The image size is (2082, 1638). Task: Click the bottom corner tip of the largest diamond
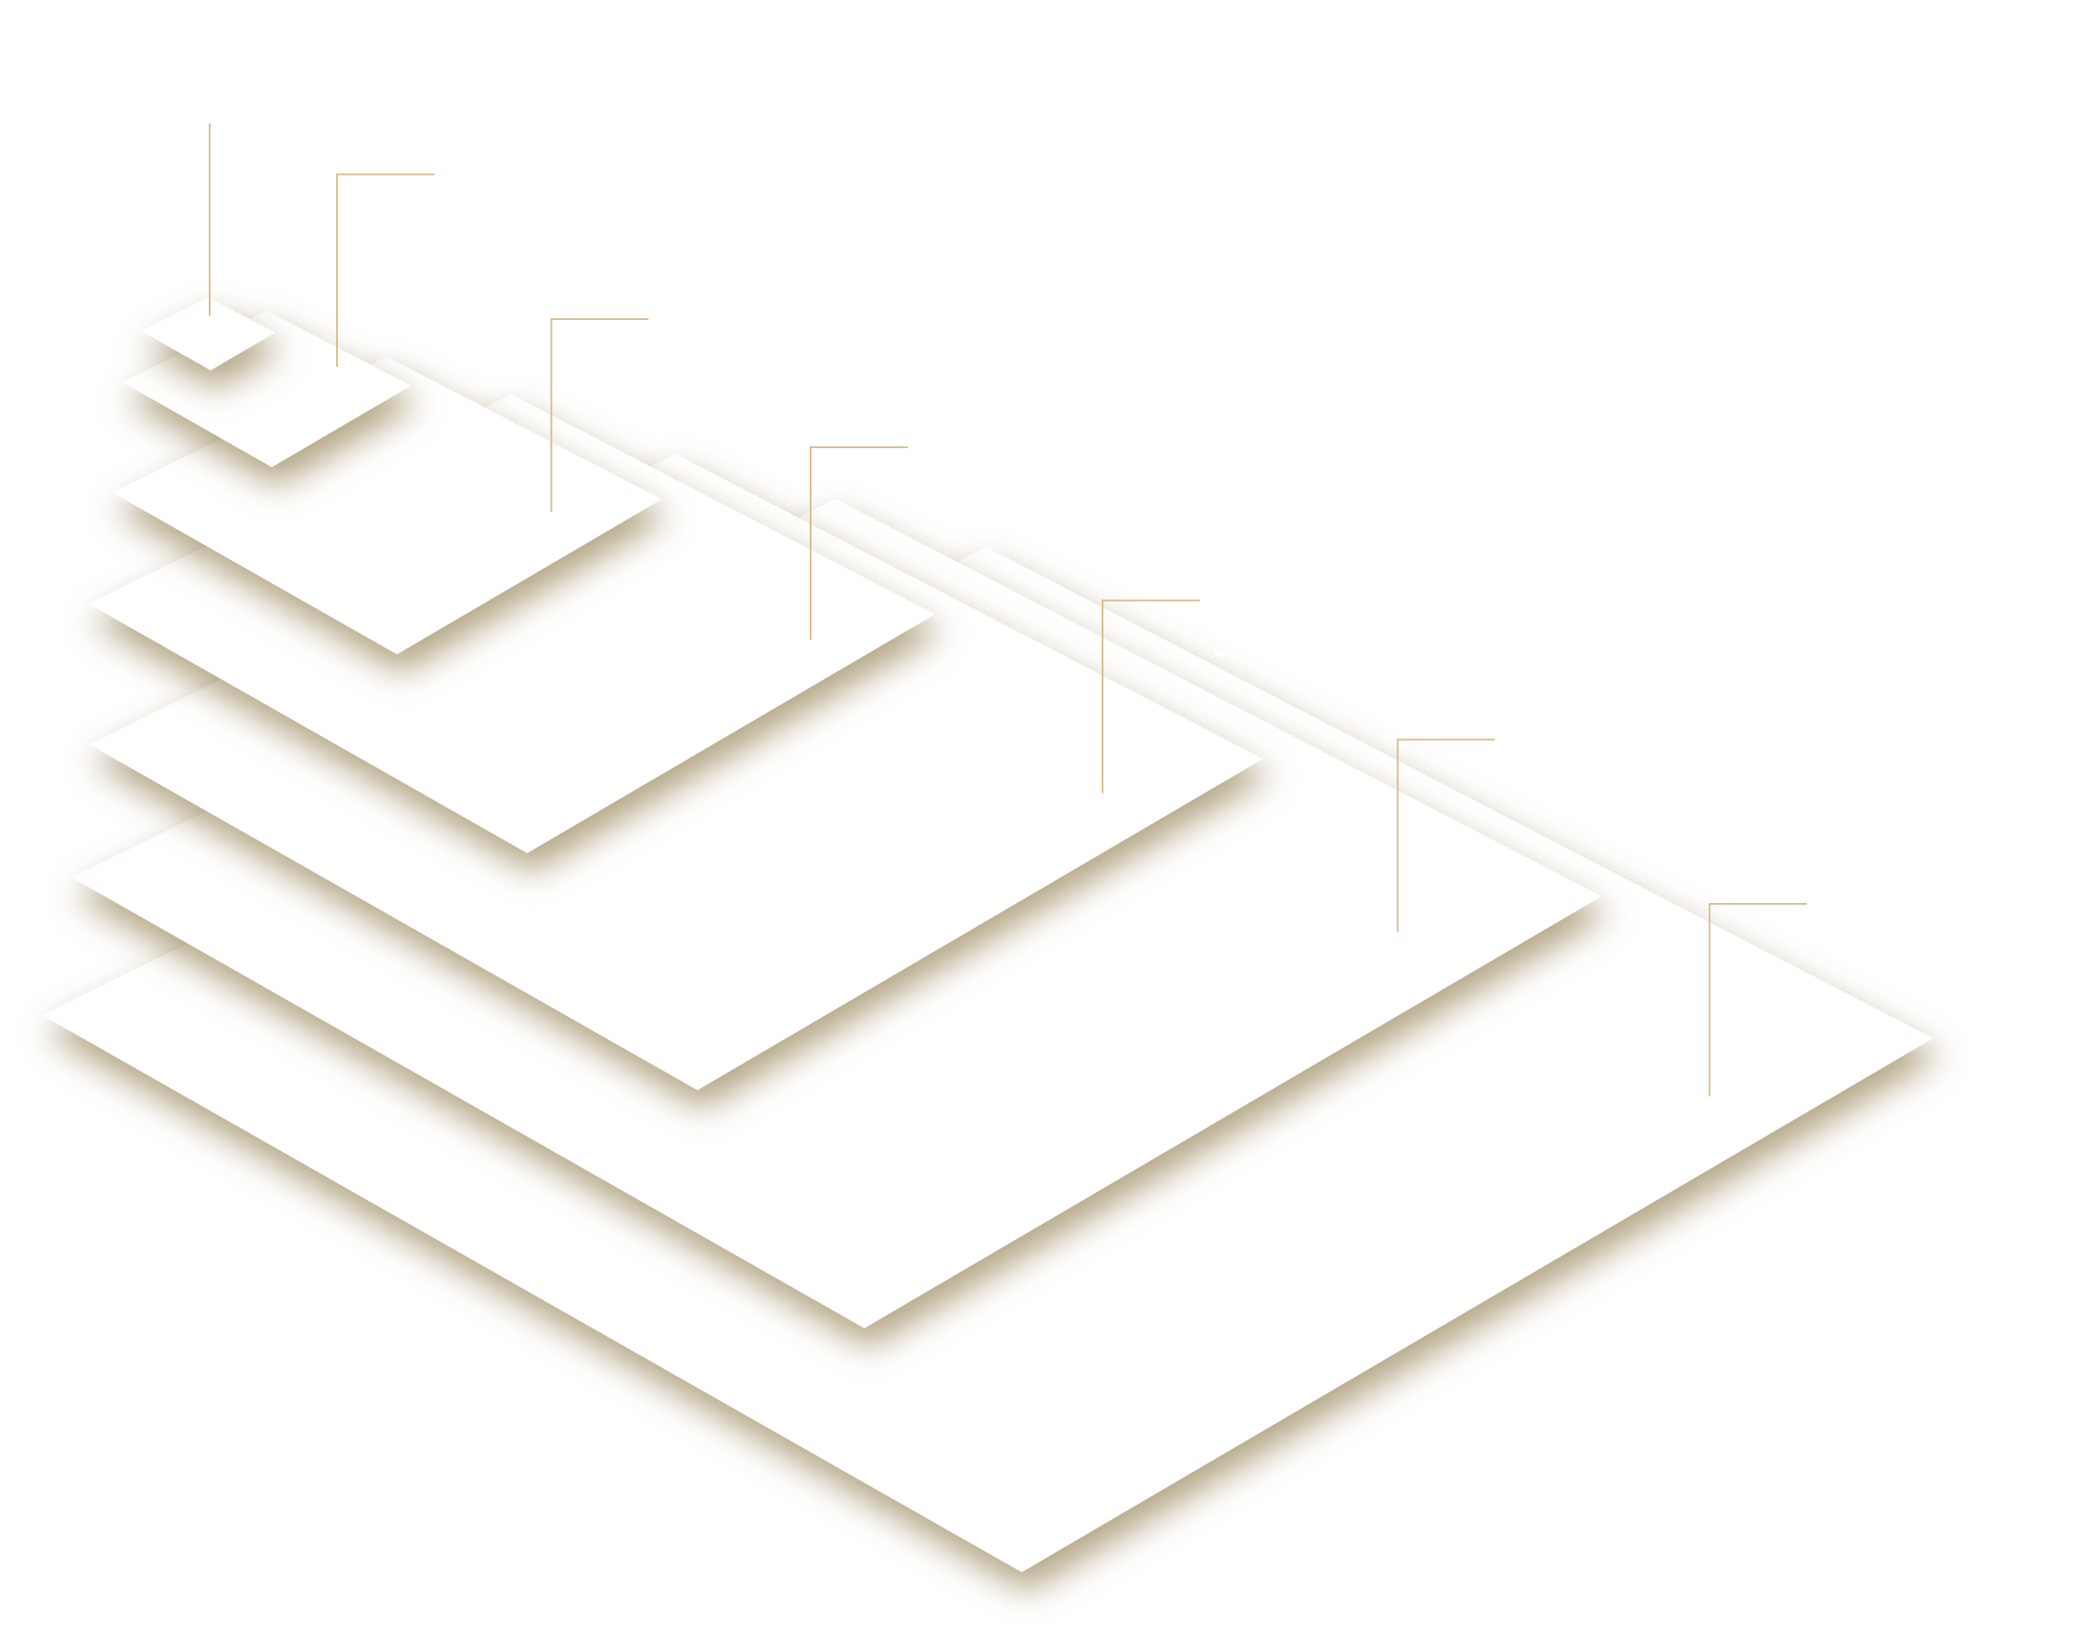(1021, 1568)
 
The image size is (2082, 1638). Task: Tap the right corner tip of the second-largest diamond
(1597, 897)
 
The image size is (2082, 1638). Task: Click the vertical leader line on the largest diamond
(1710, 1007)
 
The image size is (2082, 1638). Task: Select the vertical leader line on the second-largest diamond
(1397, 844)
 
